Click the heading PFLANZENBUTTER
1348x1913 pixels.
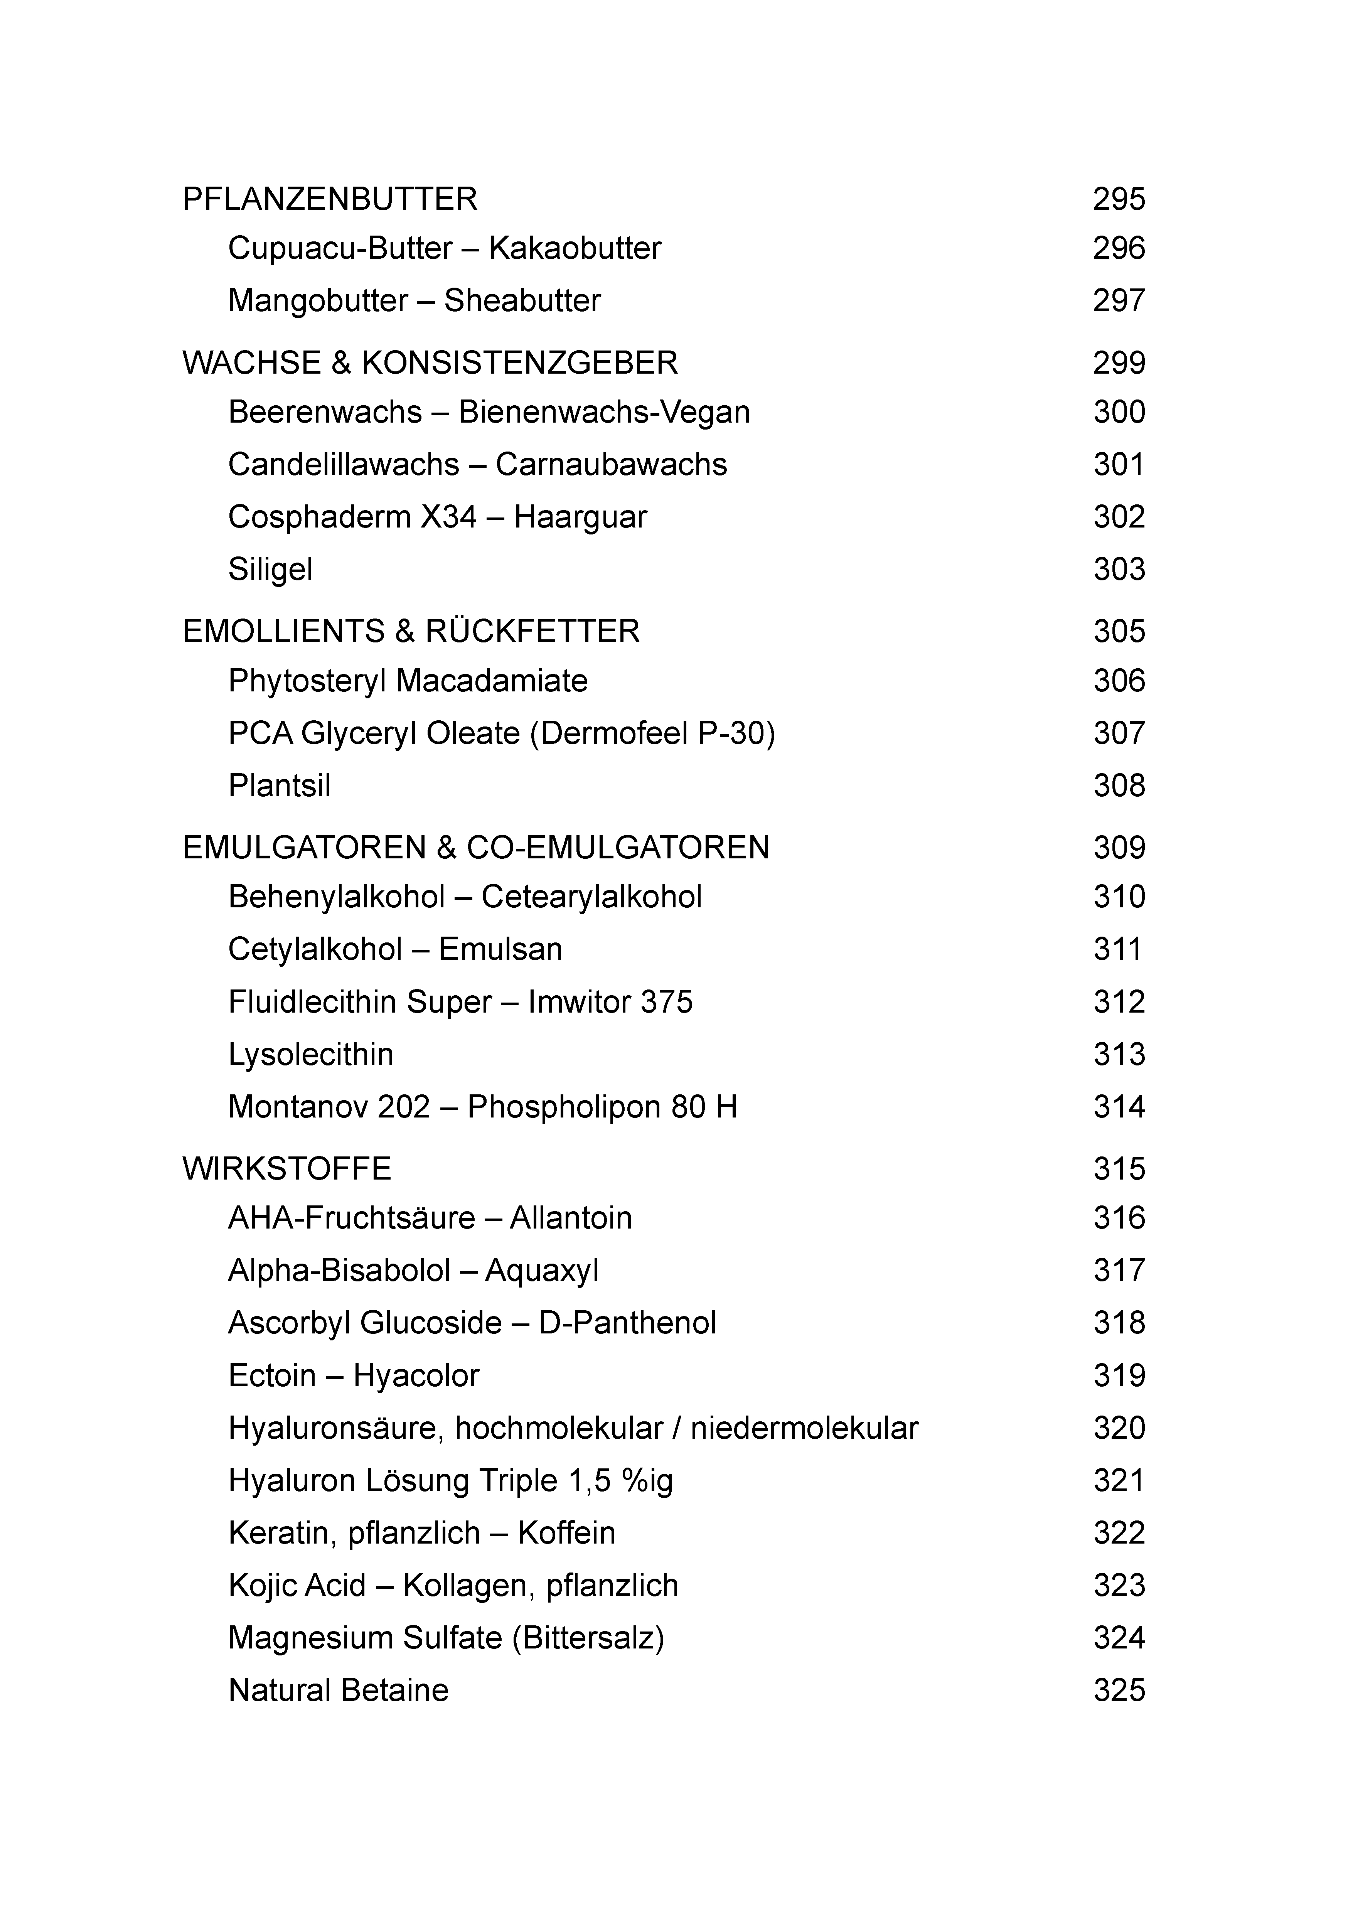click(x=330, y=199)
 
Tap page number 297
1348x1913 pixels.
click(x=1119, y=301)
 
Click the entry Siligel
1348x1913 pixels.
click(x=270, y=570)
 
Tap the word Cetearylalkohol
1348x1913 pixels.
click(x=591, y=897)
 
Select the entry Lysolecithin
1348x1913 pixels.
click(x=311, y=1055)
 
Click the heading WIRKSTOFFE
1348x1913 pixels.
click(x=286, y=1169)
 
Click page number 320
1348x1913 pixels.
click(x=1119, y=1428)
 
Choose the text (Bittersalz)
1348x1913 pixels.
click(x=588, y=1638)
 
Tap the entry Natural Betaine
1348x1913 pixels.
click(x=338, y=1691)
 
